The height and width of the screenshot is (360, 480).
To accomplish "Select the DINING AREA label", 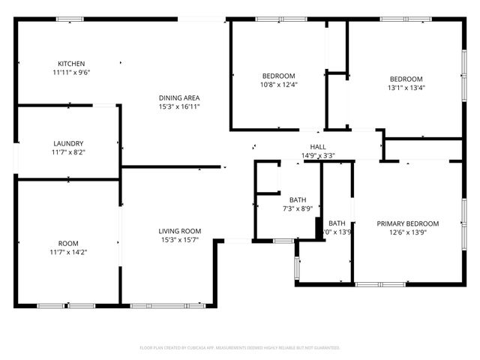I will click(x=179, y=97).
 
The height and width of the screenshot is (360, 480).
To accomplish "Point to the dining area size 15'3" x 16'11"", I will click(x=179, y=106).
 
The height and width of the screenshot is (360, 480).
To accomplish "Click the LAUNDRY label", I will click(x=68, y=143).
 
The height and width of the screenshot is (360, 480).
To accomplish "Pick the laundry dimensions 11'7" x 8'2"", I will click(x=68, y=152).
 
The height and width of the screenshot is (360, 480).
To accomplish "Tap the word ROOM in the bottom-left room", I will click(x=68, y=244).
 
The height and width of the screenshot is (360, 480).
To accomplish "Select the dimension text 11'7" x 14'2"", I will click(x=68, y=253).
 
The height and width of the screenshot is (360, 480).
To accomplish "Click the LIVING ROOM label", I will click(x=179, y=231).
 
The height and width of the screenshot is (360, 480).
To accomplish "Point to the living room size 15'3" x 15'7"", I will click(x=179, y=240).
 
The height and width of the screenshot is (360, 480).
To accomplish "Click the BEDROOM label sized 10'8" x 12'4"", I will click(x=278, y=76).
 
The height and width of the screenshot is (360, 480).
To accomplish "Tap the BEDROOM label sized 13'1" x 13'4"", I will click(x=406, y=79).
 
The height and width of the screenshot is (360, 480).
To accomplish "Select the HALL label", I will click(x=318, y=147).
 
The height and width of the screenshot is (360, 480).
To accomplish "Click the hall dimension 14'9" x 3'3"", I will click(x=318, y=156).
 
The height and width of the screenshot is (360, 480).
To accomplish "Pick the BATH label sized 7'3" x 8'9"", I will click(x=298, y=199).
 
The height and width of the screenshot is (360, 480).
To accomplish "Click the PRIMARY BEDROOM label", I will click(x=408, y=223).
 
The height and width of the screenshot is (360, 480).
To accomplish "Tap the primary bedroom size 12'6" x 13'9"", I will click(x=408, y=232).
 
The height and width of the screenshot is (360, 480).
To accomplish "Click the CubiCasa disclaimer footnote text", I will click(x=240, y=348).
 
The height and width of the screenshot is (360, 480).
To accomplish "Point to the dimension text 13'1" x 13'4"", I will click(x=406, y=88).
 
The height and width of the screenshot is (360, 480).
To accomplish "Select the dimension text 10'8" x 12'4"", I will click(x=278, y=85).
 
